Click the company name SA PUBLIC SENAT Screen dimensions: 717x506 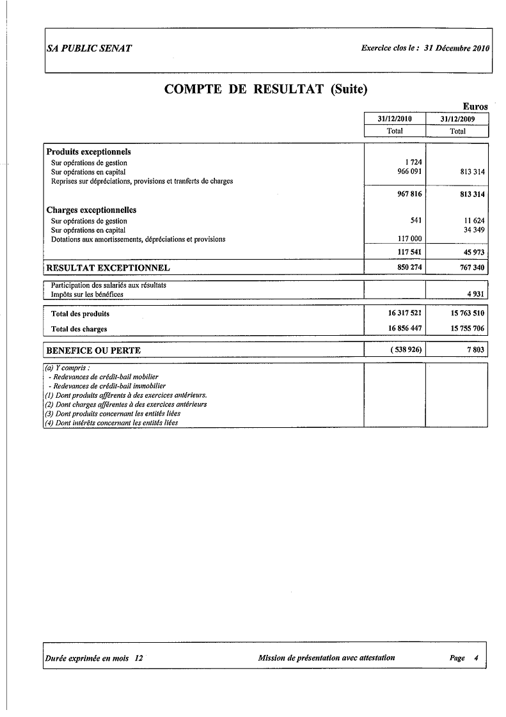90,49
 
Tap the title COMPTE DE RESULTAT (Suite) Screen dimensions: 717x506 266,89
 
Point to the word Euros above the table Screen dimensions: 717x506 475,107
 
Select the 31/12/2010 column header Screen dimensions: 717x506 395,119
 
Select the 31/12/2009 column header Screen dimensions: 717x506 457,119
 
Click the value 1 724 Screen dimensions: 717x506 413,163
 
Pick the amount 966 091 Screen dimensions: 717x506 409,172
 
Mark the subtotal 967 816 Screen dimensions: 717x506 409,194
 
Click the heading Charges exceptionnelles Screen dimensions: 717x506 91,210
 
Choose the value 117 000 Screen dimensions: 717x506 409,239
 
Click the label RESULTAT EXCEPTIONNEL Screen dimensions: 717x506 108,267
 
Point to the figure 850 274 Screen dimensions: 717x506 409,267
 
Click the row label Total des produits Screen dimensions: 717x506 80,314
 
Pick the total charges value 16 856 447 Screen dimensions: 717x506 405,329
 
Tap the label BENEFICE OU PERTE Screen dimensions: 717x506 93,351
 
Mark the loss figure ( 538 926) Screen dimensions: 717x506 405,351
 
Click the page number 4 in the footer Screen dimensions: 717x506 476,658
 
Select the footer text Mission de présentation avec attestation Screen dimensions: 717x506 326,658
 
